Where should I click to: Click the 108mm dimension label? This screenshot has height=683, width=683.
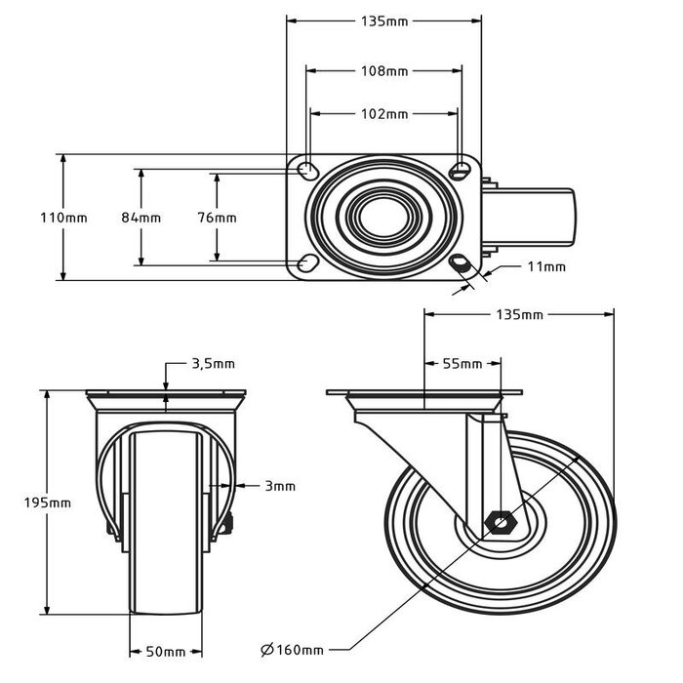(x=383, y=70)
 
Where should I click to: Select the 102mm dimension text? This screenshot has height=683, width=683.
(x=383, y=114)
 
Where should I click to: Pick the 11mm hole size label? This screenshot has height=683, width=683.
(x=545, y=266)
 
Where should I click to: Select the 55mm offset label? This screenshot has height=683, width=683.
(x=462, y=364)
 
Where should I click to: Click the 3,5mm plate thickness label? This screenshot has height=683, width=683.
(x=212, y=364)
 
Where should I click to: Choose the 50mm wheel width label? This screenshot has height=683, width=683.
(x=167, y=651)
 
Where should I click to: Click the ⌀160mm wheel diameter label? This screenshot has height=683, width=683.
(x=292, y=649)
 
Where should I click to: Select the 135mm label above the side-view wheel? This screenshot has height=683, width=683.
(x=519, y=315)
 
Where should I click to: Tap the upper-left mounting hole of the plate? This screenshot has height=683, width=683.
(x=306, y=172)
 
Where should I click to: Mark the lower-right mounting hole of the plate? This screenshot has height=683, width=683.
(x=461, y=262)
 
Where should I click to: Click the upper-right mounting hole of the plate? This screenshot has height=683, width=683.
(x=461, y=172)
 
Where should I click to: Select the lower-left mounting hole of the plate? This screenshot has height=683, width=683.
(x=306, y=262)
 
